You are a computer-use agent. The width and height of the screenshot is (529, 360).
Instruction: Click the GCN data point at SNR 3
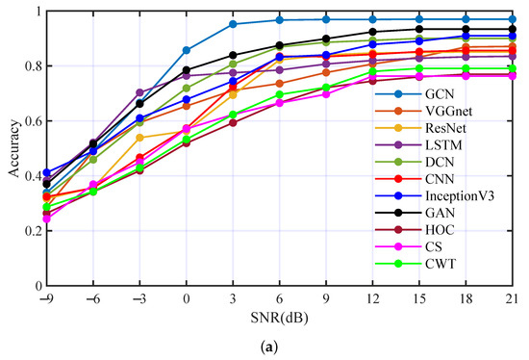[x=233, y=24]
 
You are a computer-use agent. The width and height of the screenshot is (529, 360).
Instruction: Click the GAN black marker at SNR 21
[x=510, y=29]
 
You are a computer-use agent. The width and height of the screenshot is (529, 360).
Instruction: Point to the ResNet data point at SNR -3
[x=140, y=138]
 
